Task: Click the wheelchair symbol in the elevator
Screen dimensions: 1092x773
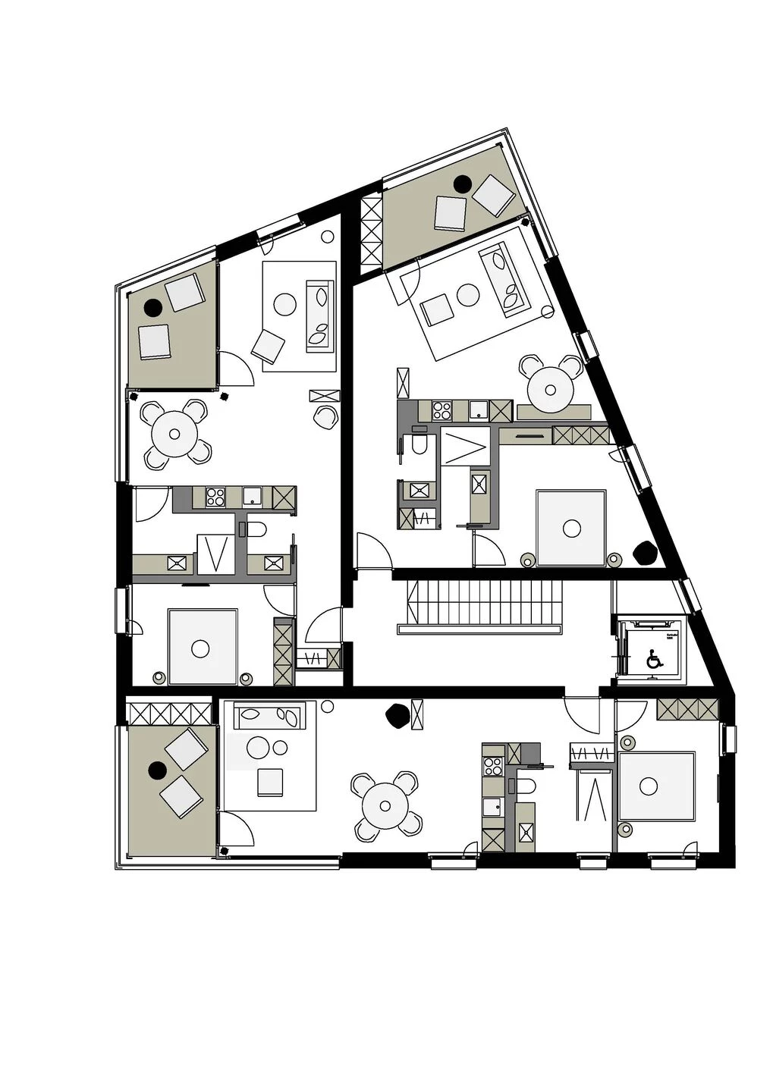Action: click(x=652, y=660)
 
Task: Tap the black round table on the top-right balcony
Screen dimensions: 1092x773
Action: click(x=462, y=183)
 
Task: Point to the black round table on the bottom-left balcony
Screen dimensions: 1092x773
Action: click(x=158, y=770)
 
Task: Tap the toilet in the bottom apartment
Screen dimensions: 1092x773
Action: click(x=528, y=786)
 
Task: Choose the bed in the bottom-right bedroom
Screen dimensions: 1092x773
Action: click(x=655, y=786)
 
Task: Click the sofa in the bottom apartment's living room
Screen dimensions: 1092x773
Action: click(x=270, y=714)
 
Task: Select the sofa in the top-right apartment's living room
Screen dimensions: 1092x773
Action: click(x=503, y=279)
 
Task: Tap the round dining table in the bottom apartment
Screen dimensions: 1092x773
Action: click(x=385, y=806)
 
